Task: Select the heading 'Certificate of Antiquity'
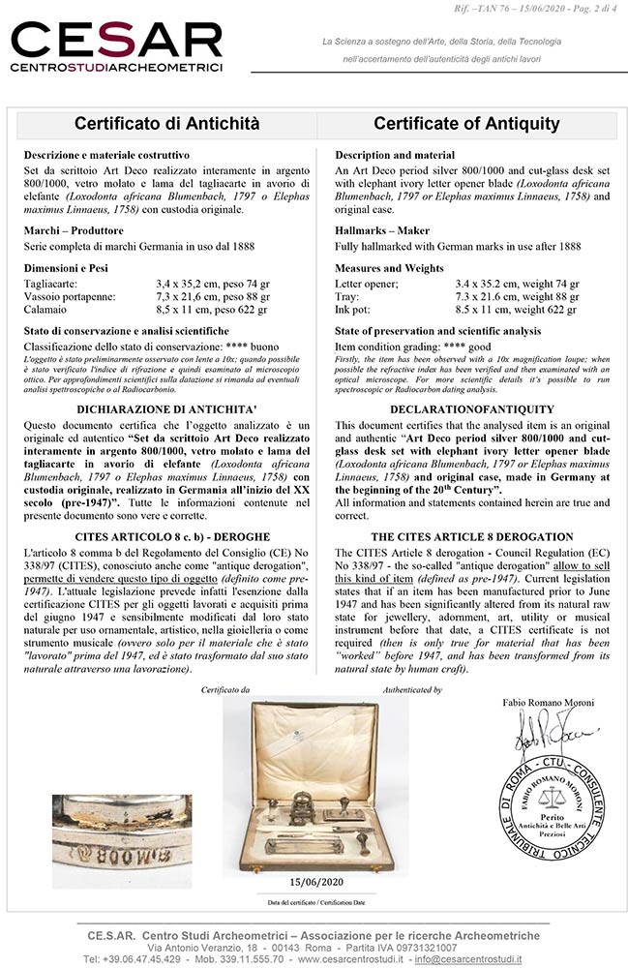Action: pos(466,124)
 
